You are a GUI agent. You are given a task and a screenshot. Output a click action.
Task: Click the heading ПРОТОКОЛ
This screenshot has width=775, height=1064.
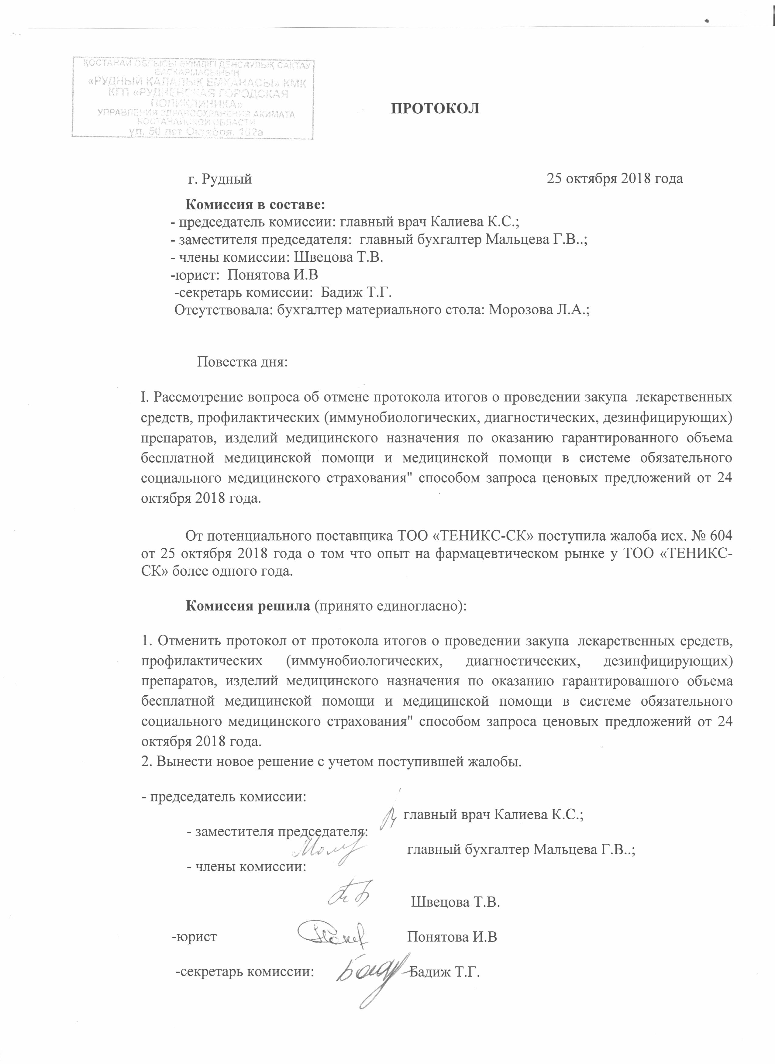pos(435,108)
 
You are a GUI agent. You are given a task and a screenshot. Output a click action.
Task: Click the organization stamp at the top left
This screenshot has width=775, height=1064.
pos(192,98)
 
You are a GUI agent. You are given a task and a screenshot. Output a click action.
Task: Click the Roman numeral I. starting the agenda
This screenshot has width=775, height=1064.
pos(144,397)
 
